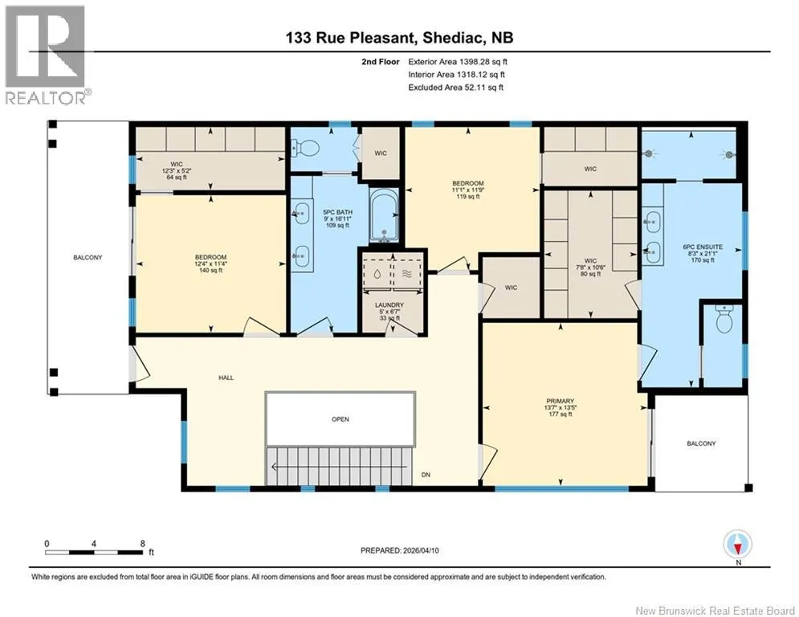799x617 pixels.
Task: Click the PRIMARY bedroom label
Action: [x=560, y=401]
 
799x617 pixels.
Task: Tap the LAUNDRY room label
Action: [x=389, y=305]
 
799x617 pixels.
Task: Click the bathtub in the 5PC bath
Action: [x=384, y=215]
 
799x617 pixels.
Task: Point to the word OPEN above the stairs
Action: [x=340, y=419]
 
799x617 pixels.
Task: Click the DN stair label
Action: [x=426, y=475]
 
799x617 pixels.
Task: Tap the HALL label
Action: [x=226, y=378]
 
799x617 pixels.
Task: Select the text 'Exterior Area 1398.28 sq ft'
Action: [x=458, y=62]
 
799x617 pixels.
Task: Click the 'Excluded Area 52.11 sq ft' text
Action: [x=455, y=88]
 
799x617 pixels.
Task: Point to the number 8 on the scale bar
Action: [x=143, y=544]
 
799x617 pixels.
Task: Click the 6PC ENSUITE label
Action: [x=703, y=247]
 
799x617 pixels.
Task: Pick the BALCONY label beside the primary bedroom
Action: [x=701, y=443]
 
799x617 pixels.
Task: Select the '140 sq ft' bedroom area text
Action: [x=210, y=270]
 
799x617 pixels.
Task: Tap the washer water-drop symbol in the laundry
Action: [x=377, y=274]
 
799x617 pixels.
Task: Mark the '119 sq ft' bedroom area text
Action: [x=468, y=196]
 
